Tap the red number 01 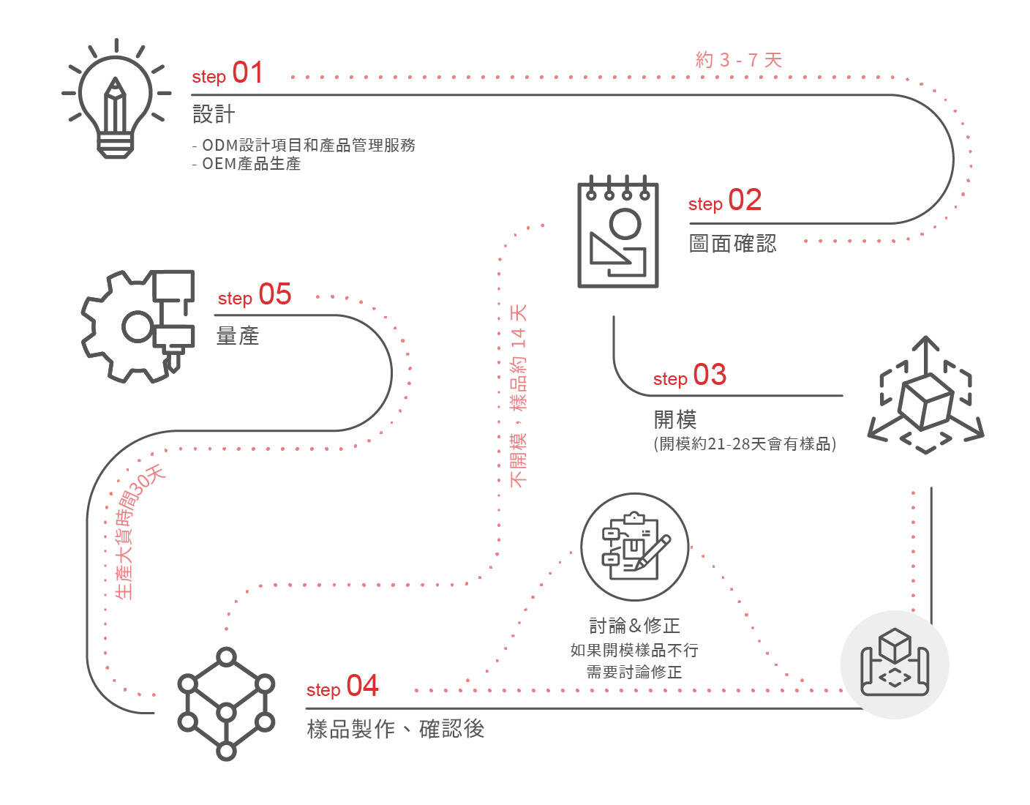pyautogui.click(x=247, y=72)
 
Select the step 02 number pyautogui.click(x=745, y=200)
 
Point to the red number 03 pyautogui.click(x=710, y=375)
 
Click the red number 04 pyautogui.click(x=362, y=686)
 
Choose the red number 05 pyautogui.click(x=275, y=294)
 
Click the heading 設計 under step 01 pyautogui.click(x=214, y=114)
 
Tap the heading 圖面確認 pyautogui.click(x=732, y=243)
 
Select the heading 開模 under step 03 pyautogui.click(x=674, y=419)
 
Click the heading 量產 pyautogui.click(x=238, y=336)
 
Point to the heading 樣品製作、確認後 pyautogui.click(x=395, y=729)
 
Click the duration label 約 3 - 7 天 pyautogui.click(x=738, y=60)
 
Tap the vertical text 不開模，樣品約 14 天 pyautogui.click(x=518, y=395)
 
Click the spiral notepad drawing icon pyautogui.click(x=618, y=232)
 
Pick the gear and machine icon pyautogui.click(x=139, y=326)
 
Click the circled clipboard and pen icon pyautogui.click(x=634, y=547)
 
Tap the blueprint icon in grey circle pyautogui.click(x=894, y=664)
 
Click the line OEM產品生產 pyautogui.click(x=247, y=164)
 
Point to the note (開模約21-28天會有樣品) pyautogui.click(x=745, y=443)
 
